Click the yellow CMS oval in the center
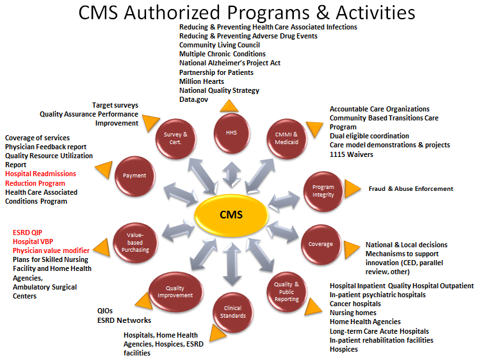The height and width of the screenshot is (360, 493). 230,214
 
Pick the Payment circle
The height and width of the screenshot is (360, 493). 134,176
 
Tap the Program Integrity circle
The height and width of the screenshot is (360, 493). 323,191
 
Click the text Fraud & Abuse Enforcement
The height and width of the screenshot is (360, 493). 410,189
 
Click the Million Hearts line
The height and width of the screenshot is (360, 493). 201,82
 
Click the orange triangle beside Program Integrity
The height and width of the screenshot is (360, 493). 352,188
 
